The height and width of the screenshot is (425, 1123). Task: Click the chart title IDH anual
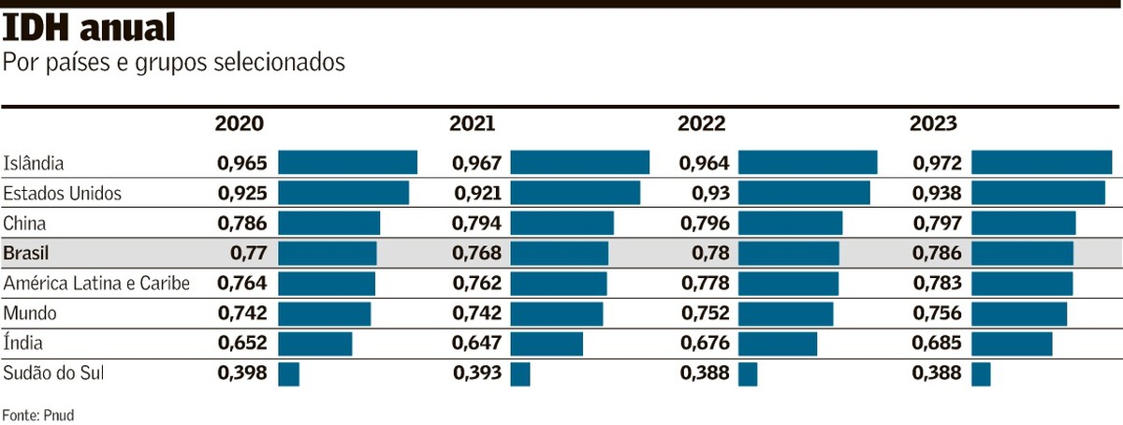pos(90,30)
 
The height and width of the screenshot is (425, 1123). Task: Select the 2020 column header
pos(240,124)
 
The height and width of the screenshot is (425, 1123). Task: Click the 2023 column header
pos(933,124)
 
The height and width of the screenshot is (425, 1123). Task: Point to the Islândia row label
pos(34,163)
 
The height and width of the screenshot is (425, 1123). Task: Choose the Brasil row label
pos(26,253)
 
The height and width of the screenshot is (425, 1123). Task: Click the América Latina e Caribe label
pos(96,283)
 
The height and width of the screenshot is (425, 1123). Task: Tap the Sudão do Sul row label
pos(53,373)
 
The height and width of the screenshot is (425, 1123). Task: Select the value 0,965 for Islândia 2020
pos(242,163)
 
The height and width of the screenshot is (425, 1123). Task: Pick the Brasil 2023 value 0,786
pos(937,253)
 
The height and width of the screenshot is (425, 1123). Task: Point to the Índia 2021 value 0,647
pos(477,343)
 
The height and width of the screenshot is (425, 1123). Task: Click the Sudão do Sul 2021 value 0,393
pos(477,373)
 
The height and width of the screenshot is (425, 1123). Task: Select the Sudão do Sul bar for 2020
pos(288,374)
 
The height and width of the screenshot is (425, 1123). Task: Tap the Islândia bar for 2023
pos(1041,162)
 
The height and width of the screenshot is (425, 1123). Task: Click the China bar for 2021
pos(561,223)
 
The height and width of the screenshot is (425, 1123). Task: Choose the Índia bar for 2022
pos(777,344)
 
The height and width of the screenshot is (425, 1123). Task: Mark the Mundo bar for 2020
pos(324,314)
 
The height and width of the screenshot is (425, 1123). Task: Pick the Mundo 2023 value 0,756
pos(937,313)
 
